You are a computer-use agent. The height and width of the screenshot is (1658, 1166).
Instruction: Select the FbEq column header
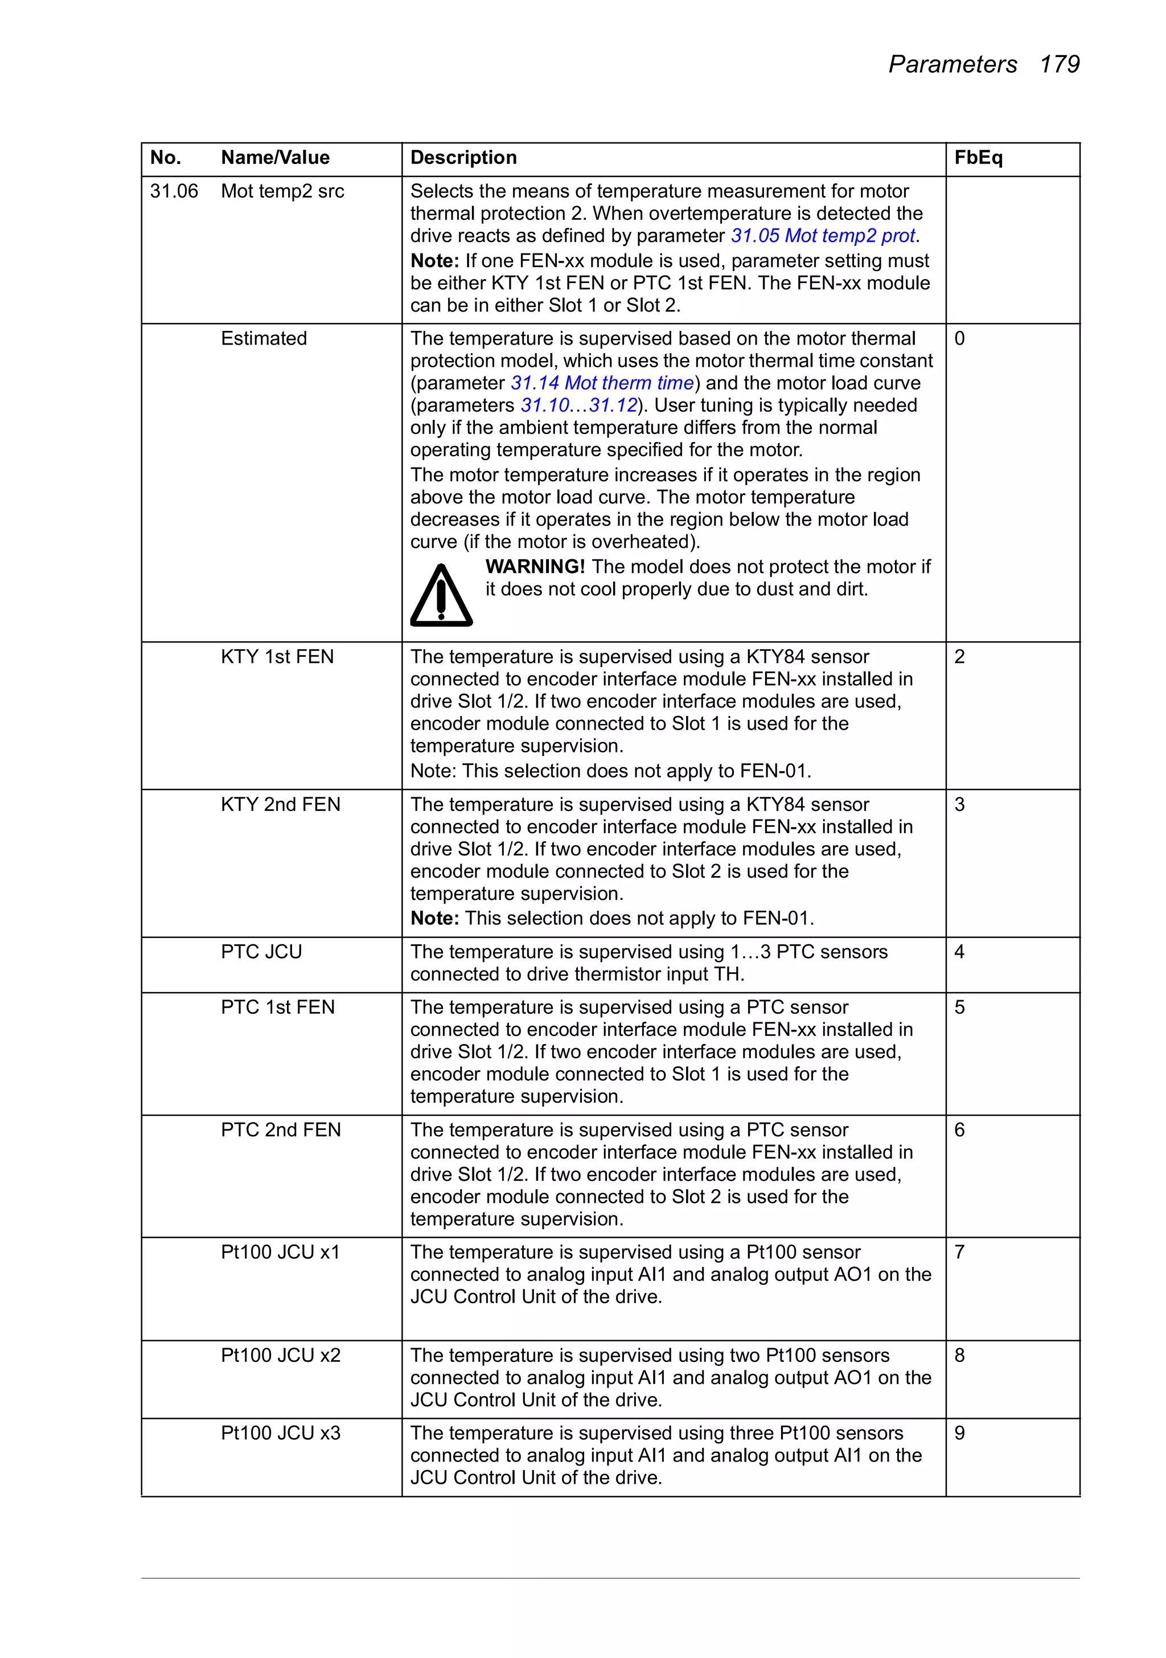pos(978,157)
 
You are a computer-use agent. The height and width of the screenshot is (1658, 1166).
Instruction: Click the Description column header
pos(463,157)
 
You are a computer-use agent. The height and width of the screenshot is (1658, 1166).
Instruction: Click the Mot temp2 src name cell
pos(282,191)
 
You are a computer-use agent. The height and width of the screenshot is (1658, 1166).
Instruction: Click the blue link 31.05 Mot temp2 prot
pos(823,236)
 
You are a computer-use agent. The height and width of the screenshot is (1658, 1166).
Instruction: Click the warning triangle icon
pos(441,596)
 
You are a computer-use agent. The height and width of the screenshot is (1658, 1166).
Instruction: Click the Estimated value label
pos(264,339)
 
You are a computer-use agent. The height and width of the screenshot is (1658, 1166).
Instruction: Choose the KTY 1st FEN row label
pos(277,657)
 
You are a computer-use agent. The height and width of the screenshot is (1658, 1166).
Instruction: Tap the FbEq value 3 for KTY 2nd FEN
pos(959,804)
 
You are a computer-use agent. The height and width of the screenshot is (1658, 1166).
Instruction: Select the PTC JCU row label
pos(261,952)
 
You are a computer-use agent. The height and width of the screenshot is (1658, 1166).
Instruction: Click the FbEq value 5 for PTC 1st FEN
pos(959,1008)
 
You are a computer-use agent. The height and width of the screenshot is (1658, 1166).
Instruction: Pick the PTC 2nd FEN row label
pos(280,1130)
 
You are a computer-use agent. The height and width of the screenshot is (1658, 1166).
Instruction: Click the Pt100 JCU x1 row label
pos(280,1252)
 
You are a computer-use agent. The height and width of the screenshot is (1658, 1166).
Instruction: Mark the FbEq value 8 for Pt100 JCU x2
pos(959,1356)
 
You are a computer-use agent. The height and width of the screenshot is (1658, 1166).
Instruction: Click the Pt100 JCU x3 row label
pos(280,1434)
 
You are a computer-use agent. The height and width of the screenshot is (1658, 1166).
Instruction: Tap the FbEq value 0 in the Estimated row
pos(959,339)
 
